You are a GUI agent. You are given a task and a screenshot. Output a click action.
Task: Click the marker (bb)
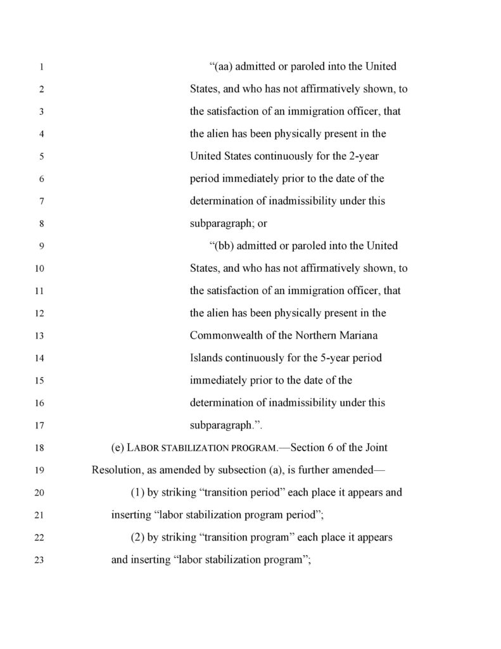(x=222, y=246)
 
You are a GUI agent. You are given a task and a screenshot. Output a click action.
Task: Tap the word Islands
(x=206, y=358)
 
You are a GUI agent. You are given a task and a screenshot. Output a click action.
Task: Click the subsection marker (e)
(x=118, y=448)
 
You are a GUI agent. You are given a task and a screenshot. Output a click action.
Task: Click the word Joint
(x=374, y=448)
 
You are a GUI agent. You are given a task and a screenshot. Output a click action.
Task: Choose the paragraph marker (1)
(x=137, y=492)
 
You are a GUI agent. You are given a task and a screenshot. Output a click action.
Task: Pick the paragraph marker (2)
(x=137, y=537)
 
